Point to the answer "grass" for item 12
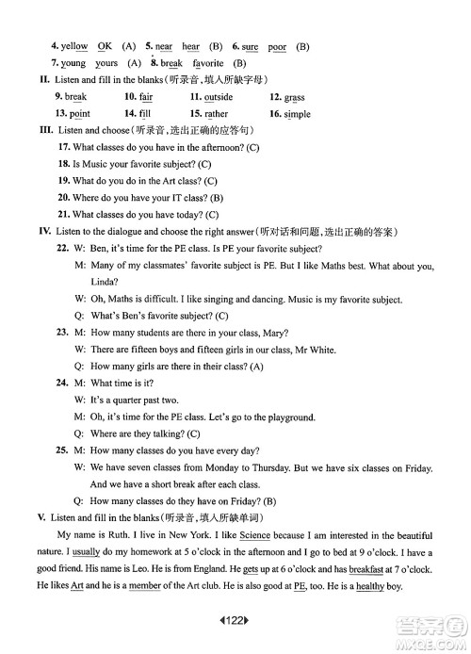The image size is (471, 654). (294, 97)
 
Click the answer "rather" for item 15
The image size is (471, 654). (217, 114)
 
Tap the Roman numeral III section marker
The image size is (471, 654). (42, 130)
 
